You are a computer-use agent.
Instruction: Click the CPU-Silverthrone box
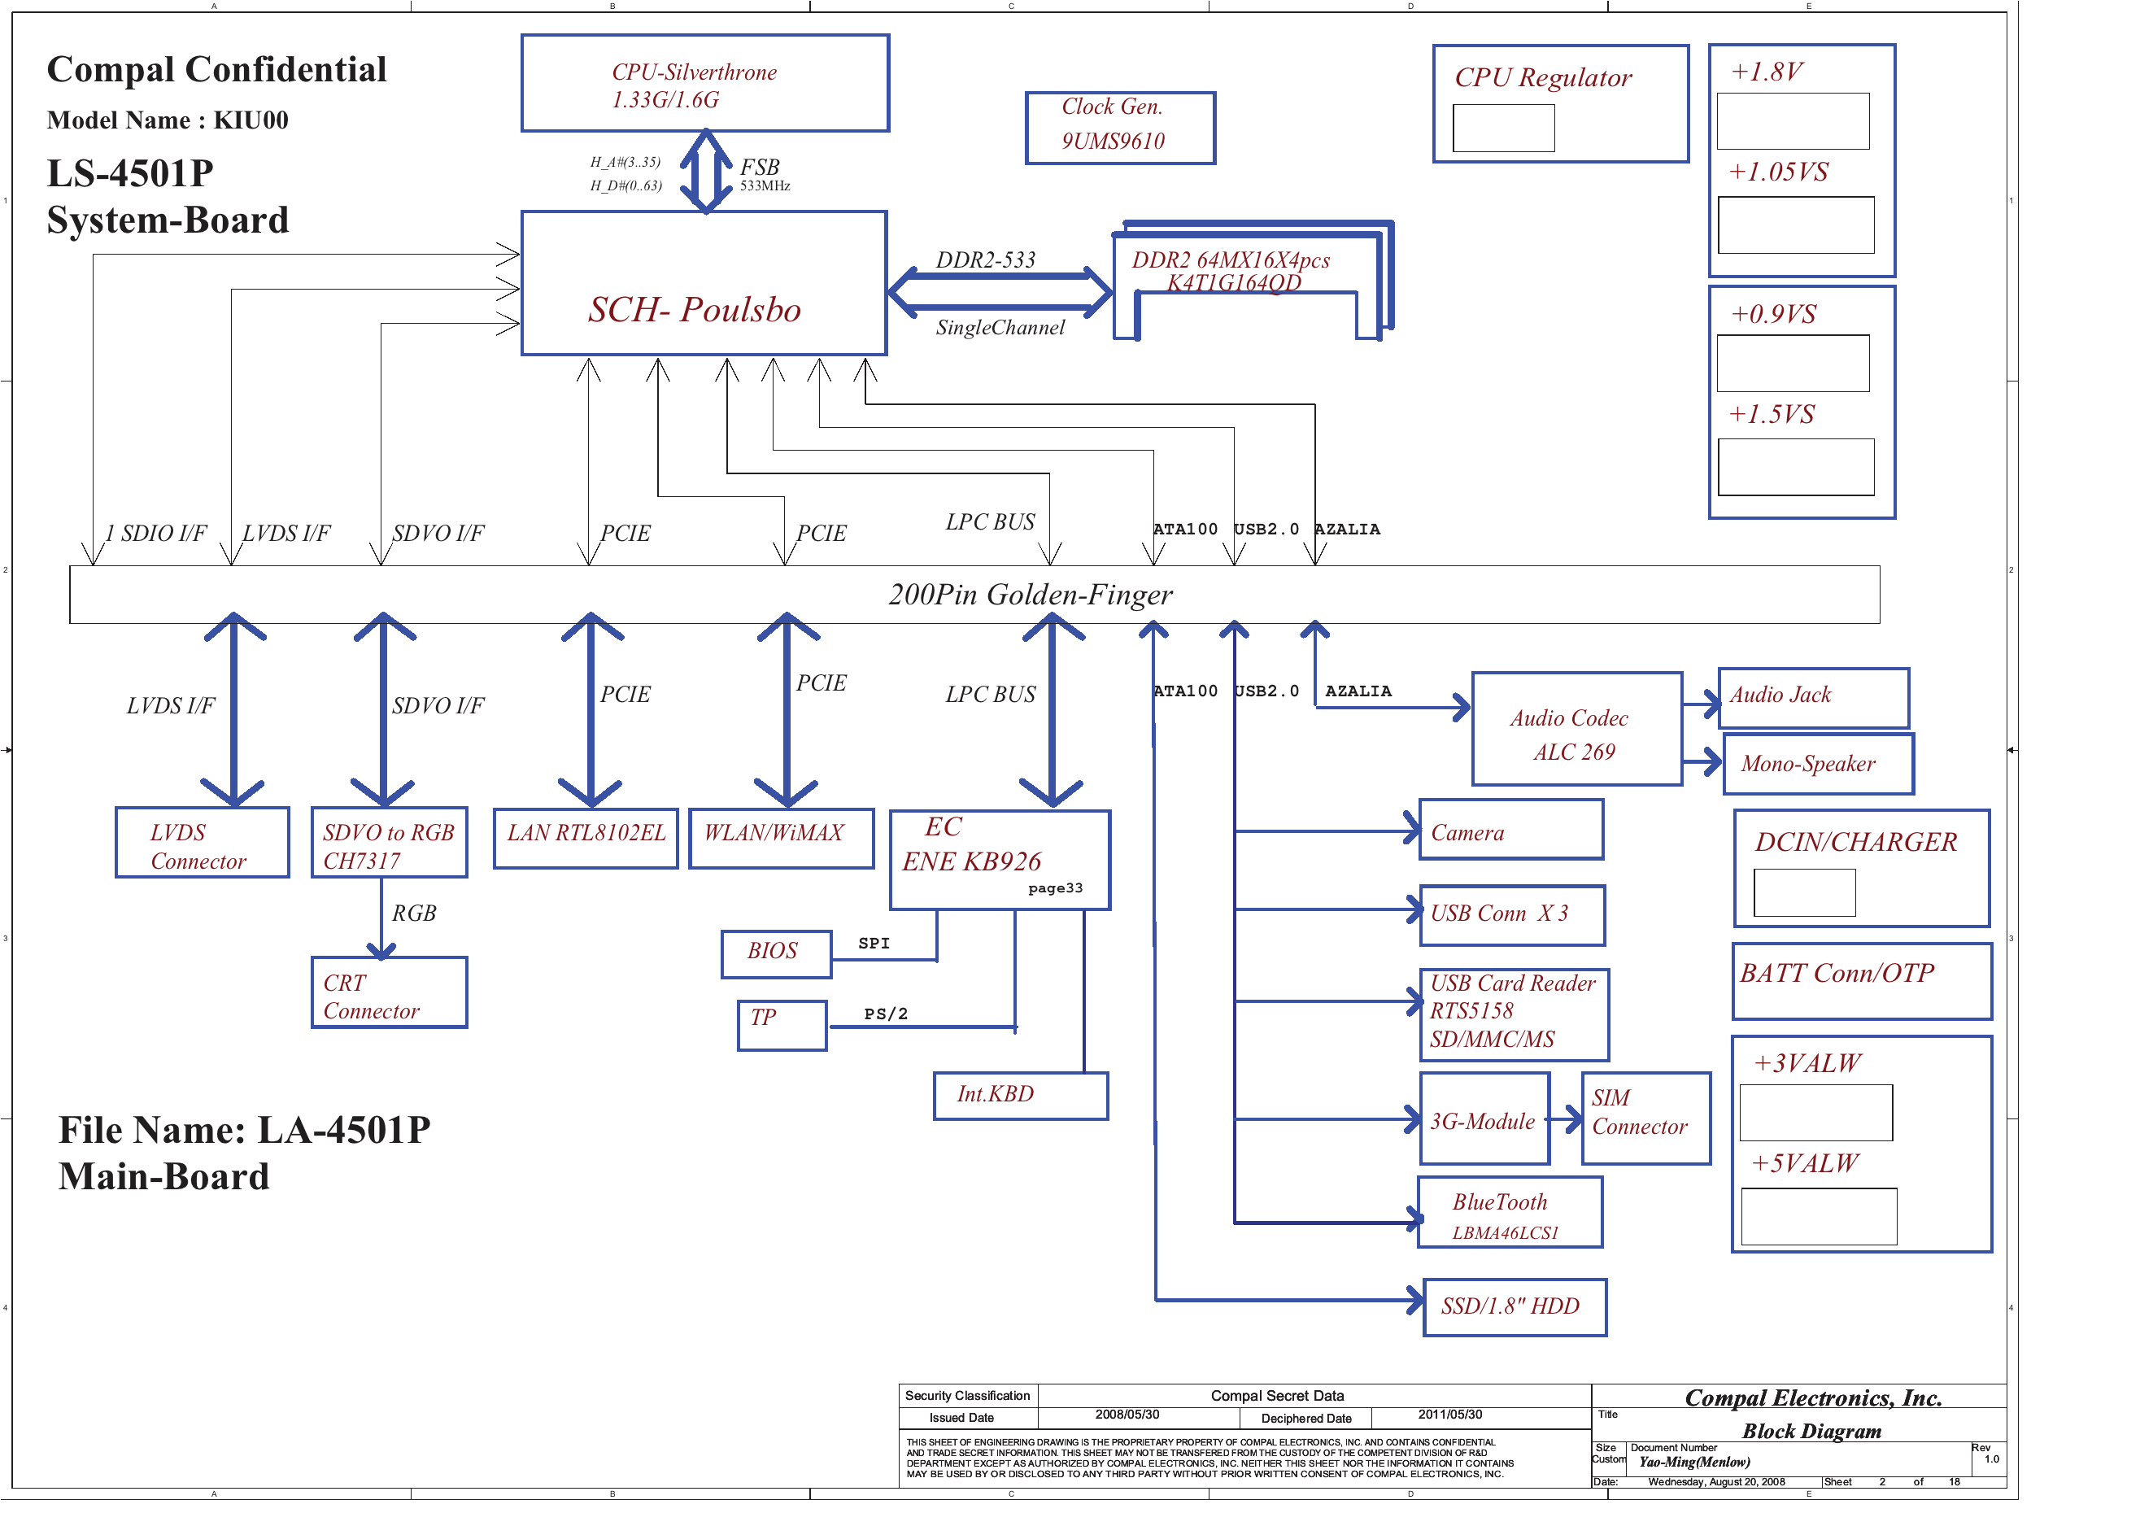coord(704,84)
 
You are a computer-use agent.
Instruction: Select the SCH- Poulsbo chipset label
coord(695,309)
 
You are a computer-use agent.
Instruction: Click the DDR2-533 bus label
coord(985,260)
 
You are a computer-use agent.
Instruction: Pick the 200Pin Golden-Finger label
coord(1030,595)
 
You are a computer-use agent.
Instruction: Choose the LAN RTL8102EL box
coord(586,838)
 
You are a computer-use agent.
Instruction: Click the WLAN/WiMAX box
coord(780,838)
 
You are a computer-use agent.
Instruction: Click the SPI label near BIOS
coord(874,944)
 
